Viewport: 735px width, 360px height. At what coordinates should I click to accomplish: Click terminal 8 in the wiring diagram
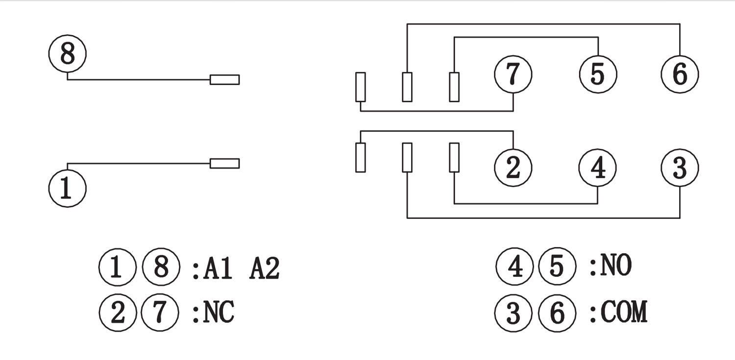coord(67,54)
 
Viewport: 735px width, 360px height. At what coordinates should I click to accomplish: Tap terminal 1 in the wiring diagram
coord(67,188)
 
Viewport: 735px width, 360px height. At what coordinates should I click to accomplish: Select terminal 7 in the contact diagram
coord(513,74)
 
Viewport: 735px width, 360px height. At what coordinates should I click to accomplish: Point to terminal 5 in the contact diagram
coord(598,74)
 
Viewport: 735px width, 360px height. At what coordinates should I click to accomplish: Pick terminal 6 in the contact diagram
coord(680,74)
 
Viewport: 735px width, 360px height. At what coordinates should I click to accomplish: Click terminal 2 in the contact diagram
coord(513,168)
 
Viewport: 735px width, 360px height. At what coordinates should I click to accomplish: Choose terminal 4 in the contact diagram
coord(598,168)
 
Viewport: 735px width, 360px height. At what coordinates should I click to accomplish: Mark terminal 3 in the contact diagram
coord(680,168)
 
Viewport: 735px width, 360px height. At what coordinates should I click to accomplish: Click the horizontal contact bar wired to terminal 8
coord(224,79)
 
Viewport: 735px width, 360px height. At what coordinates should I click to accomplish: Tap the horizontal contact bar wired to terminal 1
coord(224,163)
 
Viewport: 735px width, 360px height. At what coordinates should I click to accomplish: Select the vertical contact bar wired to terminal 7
coord(360,87)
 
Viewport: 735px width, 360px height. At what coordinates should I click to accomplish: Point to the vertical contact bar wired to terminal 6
coord(407,87)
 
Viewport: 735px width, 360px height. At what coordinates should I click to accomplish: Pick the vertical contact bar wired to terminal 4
coord(454,157)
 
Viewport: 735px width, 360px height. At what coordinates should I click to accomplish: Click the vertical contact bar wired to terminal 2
coord(360,157)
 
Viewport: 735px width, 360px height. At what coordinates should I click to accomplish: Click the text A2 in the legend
coord(264,269)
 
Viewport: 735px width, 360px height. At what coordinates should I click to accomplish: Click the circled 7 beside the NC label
coord(159,312)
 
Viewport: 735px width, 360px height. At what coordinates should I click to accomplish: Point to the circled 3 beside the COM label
coord(513,312)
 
